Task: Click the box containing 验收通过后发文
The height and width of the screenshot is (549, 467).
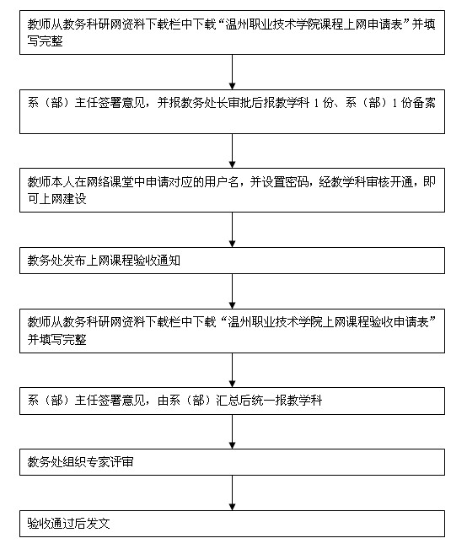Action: [233, 523]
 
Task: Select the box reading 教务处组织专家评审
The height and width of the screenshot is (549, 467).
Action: [233, 461]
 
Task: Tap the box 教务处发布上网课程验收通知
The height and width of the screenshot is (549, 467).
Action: [233, 261]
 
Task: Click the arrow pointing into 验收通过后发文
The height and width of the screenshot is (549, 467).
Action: [233, 492]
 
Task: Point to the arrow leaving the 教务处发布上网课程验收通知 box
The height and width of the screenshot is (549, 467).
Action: [233, 291]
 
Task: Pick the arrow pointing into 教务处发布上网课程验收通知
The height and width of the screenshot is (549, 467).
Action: [233, 229]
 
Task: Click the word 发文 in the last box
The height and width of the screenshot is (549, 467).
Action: [99, 524]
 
